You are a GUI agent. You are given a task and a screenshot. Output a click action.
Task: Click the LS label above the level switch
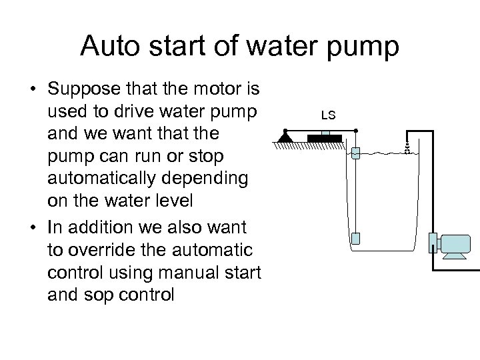click(327, 115)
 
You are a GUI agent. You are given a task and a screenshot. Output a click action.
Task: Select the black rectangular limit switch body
click(325, 138)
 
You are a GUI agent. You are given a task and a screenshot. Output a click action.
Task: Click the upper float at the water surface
click(355, 153)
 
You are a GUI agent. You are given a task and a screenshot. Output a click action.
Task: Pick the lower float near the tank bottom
click(355, 238)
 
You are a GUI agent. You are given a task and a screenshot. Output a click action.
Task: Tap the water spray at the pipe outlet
click(405, 147)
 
